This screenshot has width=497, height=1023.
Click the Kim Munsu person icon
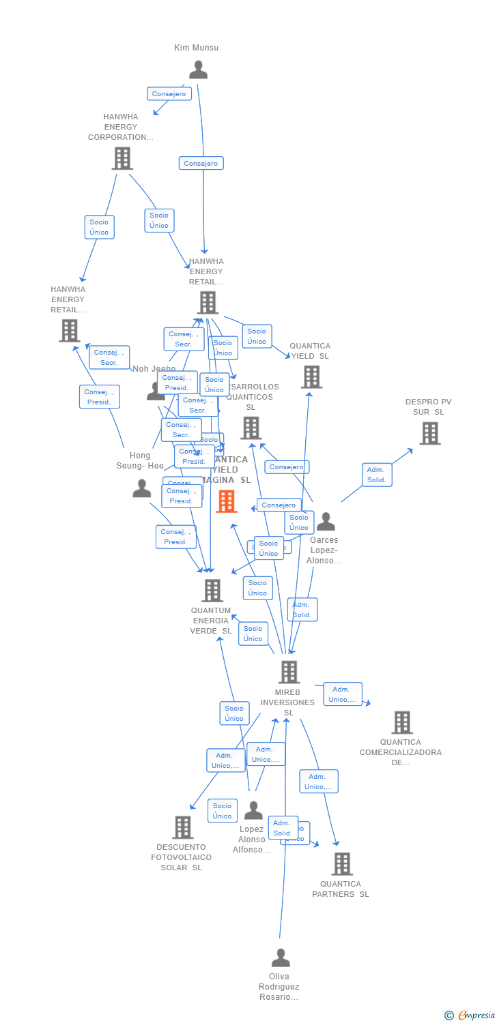(198, 70)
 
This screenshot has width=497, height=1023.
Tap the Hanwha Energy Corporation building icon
(122, 158)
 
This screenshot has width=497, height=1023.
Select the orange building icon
(226, 501)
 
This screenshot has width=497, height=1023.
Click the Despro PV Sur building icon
(429, 433)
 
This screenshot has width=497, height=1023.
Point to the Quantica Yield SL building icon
(311, 376)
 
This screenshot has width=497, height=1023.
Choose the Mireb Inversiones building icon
(289, 672)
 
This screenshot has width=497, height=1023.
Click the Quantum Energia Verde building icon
(212, 591)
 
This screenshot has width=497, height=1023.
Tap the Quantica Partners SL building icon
(342, 864)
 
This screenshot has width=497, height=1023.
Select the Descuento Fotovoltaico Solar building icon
(182, 827)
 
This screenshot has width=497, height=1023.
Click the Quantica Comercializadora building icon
(402, 722)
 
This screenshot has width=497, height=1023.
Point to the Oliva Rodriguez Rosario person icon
(281, 958)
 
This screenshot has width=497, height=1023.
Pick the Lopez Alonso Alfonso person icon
(253, 811)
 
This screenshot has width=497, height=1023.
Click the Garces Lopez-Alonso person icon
(326, 522)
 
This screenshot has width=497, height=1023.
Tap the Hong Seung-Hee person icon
(142, 488)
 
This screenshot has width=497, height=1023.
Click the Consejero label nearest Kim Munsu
(169, 94)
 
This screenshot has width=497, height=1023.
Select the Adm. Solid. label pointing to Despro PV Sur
(376, 475)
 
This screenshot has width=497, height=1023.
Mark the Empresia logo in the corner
(470, 1015)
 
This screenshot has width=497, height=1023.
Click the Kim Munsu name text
(197, 48)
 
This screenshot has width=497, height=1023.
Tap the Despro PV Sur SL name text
(429, 406)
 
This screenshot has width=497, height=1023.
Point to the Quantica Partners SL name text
(341, 889)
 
